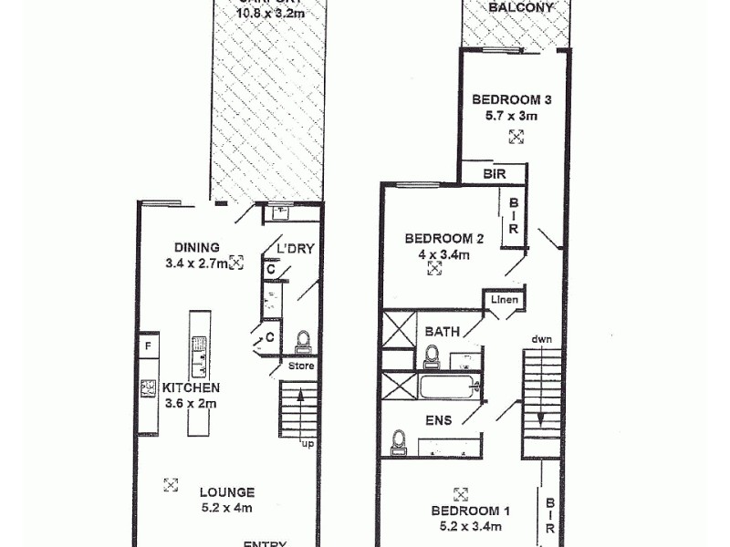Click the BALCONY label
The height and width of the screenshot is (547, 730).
520,8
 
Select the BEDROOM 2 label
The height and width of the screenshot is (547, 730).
444,240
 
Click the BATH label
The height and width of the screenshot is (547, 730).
442,332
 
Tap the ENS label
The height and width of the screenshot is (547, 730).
438,420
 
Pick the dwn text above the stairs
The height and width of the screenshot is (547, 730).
540,340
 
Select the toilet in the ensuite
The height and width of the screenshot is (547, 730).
398,441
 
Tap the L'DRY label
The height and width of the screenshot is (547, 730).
294,249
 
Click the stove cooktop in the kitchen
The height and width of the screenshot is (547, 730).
146,388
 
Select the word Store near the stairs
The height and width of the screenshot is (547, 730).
301,367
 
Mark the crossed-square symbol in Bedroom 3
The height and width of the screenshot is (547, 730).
516,137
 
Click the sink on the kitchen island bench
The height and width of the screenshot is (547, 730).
198,346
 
